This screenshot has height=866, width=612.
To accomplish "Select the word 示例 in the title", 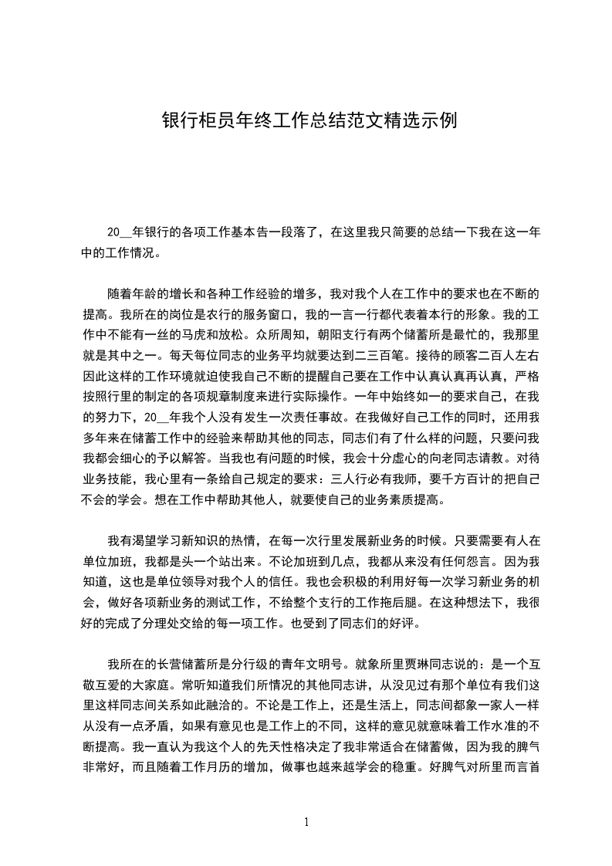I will coord(438,121).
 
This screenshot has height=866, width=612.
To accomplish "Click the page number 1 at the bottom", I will coord(306,822).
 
